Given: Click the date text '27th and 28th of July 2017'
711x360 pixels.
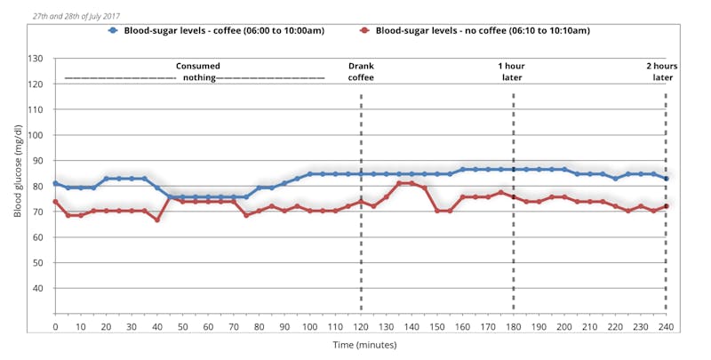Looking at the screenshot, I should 76,16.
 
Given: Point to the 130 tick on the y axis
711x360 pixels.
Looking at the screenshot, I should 36,59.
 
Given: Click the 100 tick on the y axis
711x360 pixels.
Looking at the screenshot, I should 36,135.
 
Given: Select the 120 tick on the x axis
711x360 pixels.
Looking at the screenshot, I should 360,327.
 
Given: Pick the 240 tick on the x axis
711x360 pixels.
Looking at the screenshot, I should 666,327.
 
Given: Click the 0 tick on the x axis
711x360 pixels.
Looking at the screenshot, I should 55,327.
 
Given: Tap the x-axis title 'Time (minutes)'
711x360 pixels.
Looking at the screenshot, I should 360,344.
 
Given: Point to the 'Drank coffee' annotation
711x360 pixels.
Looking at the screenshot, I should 361,71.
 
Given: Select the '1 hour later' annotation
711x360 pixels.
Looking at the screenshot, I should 513,71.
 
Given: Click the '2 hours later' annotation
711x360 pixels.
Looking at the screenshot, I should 662,71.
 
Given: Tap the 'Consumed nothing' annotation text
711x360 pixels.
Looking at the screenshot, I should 197,71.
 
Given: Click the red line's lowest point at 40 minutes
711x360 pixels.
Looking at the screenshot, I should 157,220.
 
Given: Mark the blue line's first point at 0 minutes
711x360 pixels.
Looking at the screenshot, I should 55,183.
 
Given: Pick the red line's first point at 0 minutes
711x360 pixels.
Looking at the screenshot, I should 55,202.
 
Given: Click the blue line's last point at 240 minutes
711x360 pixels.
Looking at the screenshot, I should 666,179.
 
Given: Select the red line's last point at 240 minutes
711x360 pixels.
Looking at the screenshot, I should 666,206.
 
